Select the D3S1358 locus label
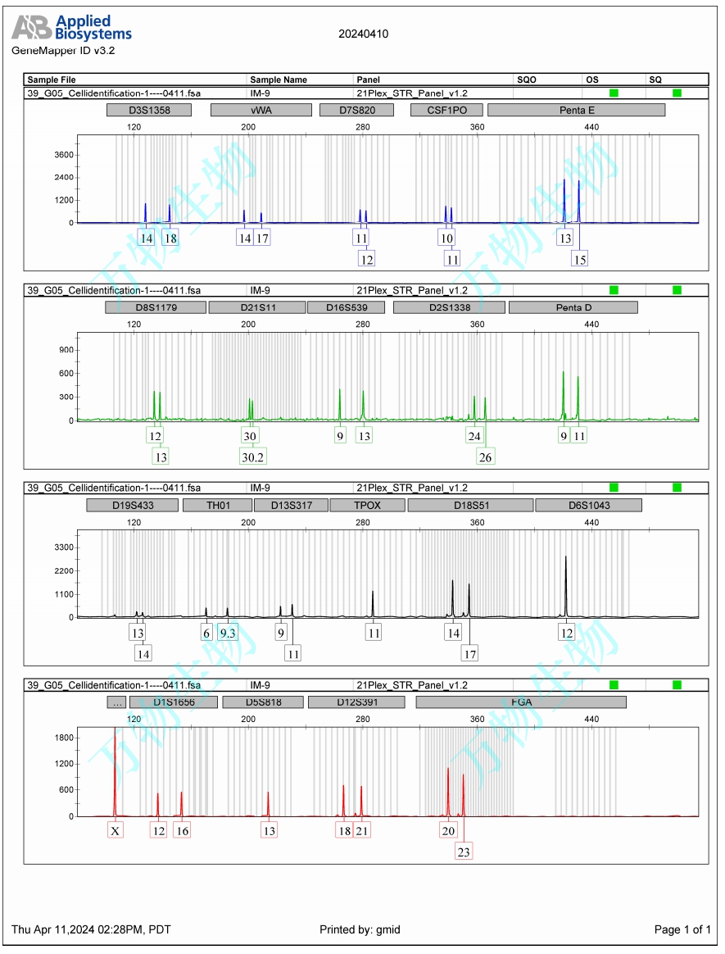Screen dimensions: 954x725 149,110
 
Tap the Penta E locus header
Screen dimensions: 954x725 576,110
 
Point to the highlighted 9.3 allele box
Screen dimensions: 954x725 227,632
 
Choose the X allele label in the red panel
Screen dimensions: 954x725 116,830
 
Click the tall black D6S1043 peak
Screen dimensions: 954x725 566,586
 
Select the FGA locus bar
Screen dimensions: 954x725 521,702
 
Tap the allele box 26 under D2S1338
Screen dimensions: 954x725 485,457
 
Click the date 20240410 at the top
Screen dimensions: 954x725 363,34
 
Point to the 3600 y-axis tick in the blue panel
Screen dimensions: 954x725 64,155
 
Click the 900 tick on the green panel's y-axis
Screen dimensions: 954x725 65,350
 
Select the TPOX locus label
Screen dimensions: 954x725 367,505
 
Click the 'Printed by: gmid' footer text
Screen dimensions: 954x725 360,929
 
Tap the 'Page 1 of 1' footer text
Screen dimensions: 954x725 682,929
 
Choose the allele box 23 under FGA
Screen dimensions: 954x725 464,852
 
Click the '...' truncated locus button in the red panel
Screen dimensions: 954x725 116,702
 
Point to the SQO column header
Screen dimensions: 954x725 526,79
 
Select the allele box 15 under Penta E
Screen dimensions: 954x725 579,259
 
